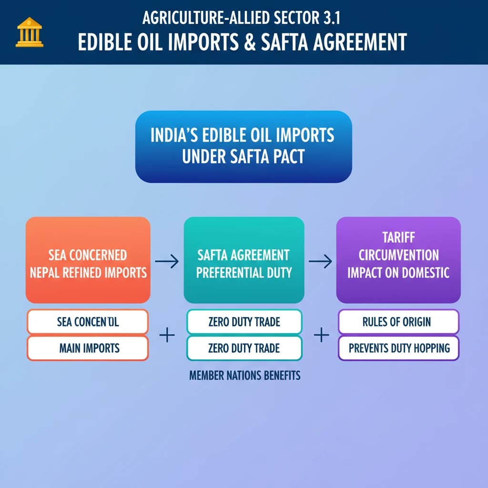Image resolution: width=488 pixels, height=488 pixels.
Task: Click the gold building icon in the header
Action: [30, 32]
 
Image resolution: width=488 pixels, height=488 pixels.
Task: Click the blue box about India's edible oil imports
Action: [243, 146]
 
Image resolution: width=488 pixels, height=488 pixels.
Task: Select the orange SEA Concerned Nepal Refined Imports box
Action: [88, 260]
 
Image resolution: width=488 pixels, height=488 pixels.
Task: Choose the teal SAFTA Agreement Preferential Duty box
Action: [244, 260]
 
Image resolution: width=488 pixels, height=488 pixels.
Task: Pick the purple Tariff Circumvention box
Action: [398, 260]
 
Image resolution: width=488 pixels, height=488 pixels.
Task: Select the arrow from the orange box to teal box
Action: [167, 261]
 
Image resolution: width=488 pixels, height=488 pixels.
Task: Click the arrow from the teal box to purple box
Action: [320, 261]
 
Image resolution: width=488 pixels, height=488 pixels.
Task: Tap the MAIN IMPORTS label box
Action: [88, 347]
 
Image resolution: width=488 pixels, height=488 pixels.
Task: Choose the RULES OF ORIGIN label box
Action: [398, 322]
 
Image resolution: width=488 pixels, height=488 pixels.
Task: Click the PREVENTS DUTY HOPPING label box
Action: [398, 347]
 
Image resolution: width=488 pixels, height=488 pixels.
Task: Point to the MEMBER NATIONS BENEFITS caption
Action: [244, 376]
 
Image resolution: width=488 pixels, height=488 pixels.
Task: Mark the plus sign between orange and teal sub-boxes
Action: [166, 336]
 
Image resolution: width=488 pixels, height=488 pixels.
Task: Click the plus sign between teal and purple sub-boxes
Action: [322, 336]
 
